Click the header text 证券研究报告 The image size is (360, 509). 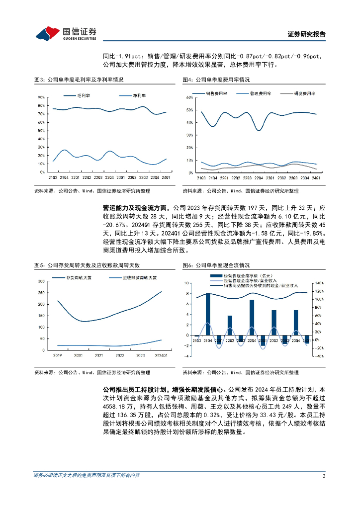tap(307, 34)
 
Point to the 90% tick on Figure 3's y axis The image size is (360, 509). tap(42, 97)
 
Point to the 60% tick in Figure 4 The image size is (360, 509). tap(189, 97)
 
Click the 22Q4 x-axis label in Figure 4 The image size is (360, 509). tap(258, 177)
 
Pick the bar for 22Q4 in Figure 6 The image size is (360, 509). tap(252, 318)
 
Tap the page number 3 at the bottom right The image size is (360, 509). tap(324, 476)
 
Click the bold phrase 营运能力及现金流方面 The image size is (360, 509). tap(134, 208)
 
